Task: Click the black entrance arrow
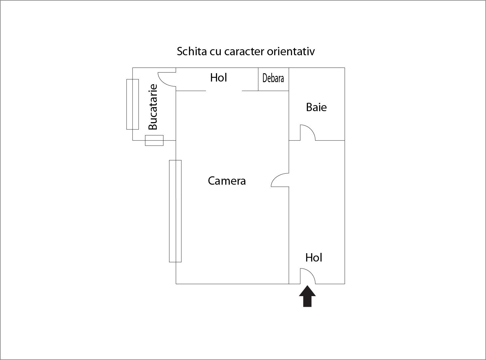point(308,296)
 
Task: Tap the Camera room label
point(227,181)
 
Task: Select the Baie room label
point(317,107)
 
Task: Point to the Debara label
point(273,79)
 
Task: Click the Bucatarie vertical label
point(153,107)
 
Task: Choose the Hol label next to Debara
point(218,78)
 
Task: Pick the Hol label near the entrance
point(314,258)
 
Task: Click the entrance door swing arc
point(308,276)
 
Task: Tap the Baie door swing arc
point(308,132)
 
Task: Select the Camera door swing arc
point(280,180)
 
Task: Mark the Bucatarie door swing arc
point(167,79)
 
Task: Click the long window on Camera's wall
point(175,211)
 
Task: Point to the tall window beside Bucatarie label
point(132,104)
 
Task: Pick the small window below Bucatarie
point(154,140)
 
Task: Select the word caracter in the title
point(244,52)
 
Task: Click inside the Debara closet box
point(273,79)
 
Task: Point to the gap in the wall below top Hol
point(224,91)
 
